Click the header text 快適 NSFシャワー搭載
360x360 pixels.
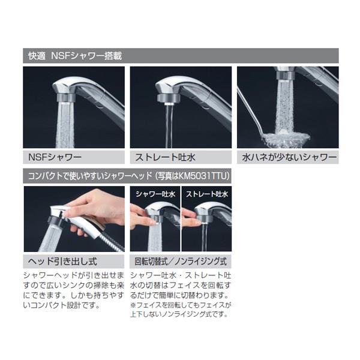tap(75, 56)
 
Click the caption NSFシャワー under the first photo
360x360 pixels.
tap(55, 157)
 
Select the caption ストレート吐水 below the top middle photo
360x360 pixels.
tap(165, 157)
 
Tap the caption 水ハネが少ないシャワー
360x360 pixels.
tap(289, 157)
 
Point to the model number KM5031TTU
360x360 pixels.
tap(203, 176)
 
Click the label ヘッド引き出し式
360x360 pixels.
tap(62, 262)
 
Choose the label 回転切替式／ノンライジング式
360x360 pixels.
tap(181, 262)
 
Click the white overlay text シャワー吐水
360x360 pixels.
tap(155, 194)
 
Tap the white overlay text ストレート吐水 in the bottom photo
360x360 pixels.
tap(207, 194)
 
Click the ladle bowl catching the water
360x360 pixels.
tap(287, 139)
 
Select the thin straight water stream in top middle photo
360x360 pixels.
tap(169, 126)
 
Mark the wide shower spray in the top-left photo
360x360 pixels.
tap(65, 125)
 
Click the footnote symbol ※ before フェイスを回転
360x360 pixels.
tap(133, 305)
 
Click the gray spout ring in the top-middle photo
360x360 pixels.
tap(169, 97)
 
